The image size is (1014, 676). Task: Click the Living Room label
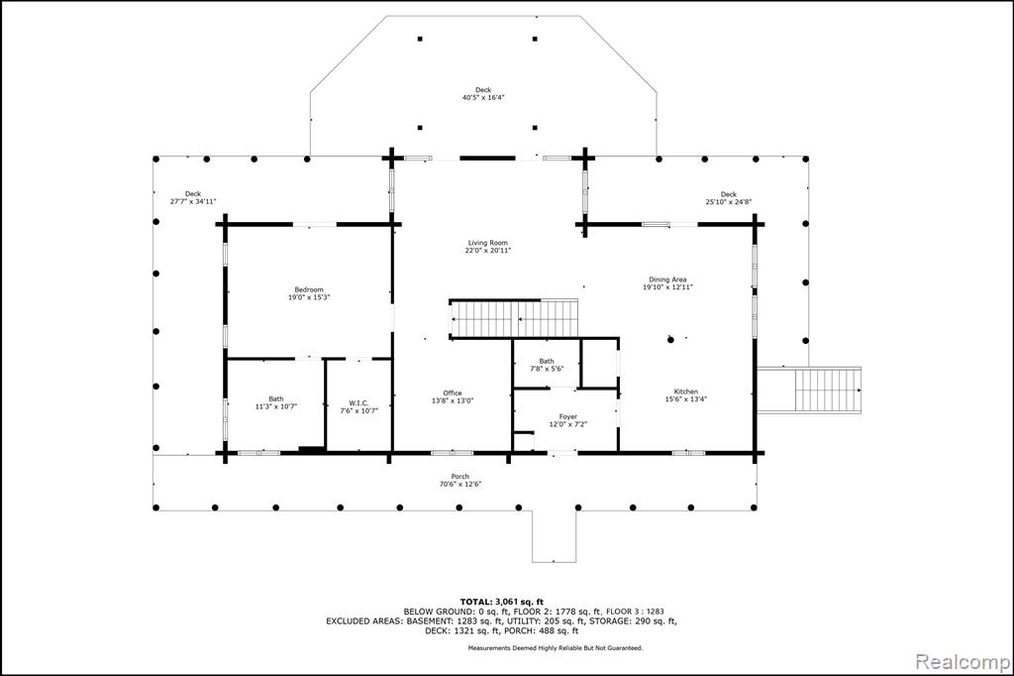tap(487, 243)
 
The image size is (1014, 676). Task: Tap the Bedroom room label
tap(309, 289)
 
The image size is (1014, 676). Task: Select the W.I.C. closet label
tap(358, 402)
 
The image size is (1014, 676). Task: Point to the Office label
tap(453, 394)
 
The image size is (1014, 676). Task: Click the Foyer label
tap(567, 417)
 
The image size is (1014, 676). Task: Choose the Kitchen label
tap(686, 392)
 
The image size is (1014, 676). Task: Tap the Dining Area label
tap(668, 280)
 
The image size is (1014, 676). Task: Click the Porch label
tap(460, 477)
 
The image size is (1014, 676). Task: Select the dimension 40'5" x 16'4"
tap(483, 98)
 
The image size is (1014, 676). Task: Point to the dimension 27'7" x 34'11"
tap(193, 201)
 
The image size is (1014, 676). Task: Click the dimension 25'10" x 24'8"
tap(728, 202)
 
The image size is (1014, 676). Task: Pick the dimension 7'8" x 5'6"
tap(547, 369)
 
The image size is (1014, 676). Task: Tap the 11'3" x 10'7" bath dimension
tap(276, 406)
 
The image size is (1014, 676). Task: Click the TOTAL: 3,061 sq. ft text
tap(502, 602)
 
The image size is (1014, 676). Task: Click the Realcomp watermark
tap(963, 662)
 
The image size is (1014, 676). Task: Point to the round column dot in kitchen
tap(670, 339)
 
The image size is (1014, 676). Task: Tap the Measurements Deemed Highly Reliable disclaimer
tap(556, 647)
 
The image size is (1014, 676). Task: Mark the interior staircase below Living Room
tap(514, 318)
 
